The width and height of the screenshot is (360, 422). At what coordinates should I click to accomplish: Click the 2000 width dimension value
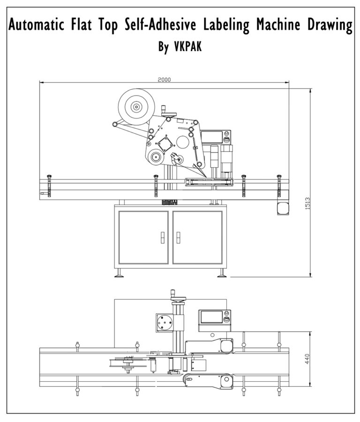164,80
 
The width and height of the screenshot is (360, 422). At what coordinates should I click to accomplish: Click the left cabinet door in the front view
143,237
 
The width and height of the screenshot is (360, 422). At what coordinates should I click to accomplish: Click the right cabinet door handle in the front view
178,237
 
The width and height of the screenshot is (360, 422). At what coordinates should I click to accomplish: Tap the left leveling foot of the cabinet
120,275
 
